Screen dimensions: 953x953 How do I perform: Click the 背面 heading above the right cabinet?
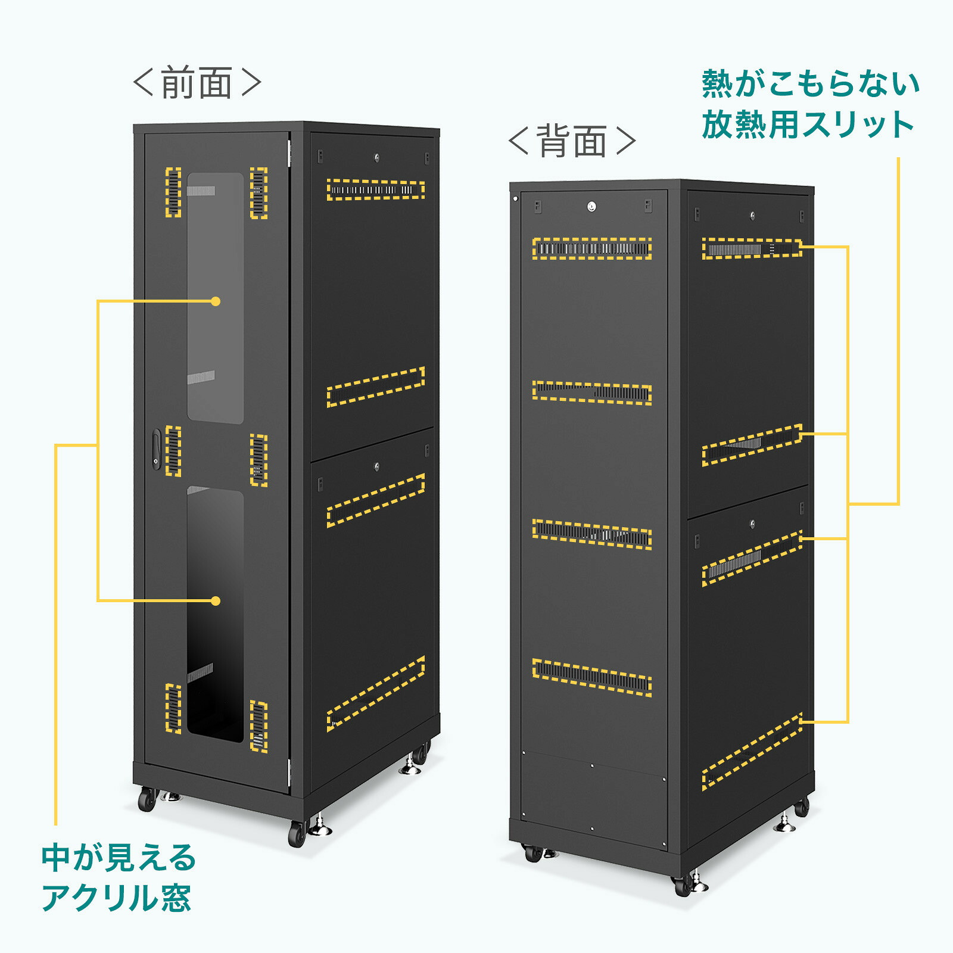click(572, 141)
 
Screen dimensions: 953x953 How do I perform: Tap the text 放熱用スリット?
click(808, 124)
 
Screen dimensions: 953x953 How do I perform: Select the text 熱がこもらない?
click(811, 83)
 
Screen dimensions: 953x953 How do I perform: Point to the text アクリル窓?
click(117, 898)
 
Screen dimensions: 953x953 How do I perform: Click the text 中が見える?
click(119, 857)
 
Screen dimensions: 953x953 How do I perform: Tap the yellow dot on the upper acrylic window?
click(216, 301)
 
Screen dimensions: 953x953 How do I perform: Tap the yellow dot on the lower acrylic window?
click(216, 601)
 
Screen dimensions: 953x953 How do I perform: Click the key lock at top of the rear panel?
click(591, 207)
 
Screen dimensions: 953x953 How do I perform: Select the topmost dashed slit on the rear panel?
click(591, 248)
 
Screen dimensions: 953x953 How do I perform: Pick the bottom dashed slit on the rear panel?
click(591, 677)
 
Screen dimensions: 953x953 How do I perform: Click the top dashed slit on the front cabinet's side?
click(376, 190)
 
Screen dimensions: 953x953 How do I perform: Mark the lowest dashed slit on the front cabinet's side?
click(376, 694)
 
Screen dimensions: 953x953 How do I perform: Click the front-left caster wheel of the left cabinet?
click(147, 799)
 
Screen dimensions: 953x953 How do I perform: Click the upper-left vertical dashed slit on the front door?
click(173, 192)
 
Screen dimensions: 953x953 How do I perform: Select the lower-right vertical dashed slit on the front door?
click(259, 726)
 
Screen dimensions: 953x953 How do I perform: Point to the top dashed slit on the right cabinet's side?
click(752, 248)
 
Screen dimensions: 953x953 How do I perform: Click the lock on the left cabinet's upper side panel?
click(376, 157)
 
